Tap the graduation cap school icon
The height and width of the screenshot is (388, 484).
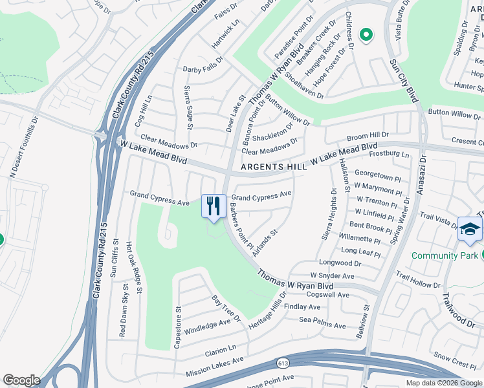tap(470, 230)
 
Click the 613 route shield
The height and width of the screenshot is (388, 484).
tap(282, 363)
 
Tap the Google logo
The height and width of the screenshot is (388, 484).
tap(22, 380)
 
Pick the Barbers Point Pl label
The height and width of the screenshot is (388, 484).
tap(240, 226)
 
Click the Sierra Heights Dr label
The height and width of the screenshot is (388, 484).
tap(328, 213)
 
